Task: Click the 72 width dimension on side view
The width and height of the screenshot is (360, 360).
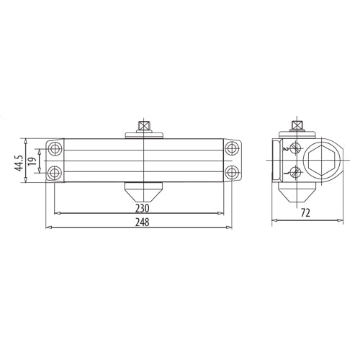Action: point(306,214)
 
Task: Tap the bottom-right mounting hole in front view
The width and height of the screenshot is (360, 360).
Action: point(231,173)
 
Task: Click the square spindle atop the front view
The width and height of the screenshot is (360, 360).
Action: point(145,126)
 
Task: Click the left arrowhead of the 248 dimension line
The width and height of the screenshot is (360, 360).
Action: point(48,228)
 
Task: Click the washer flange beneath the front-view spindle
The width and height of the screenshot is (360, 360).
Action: point(145,134)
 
